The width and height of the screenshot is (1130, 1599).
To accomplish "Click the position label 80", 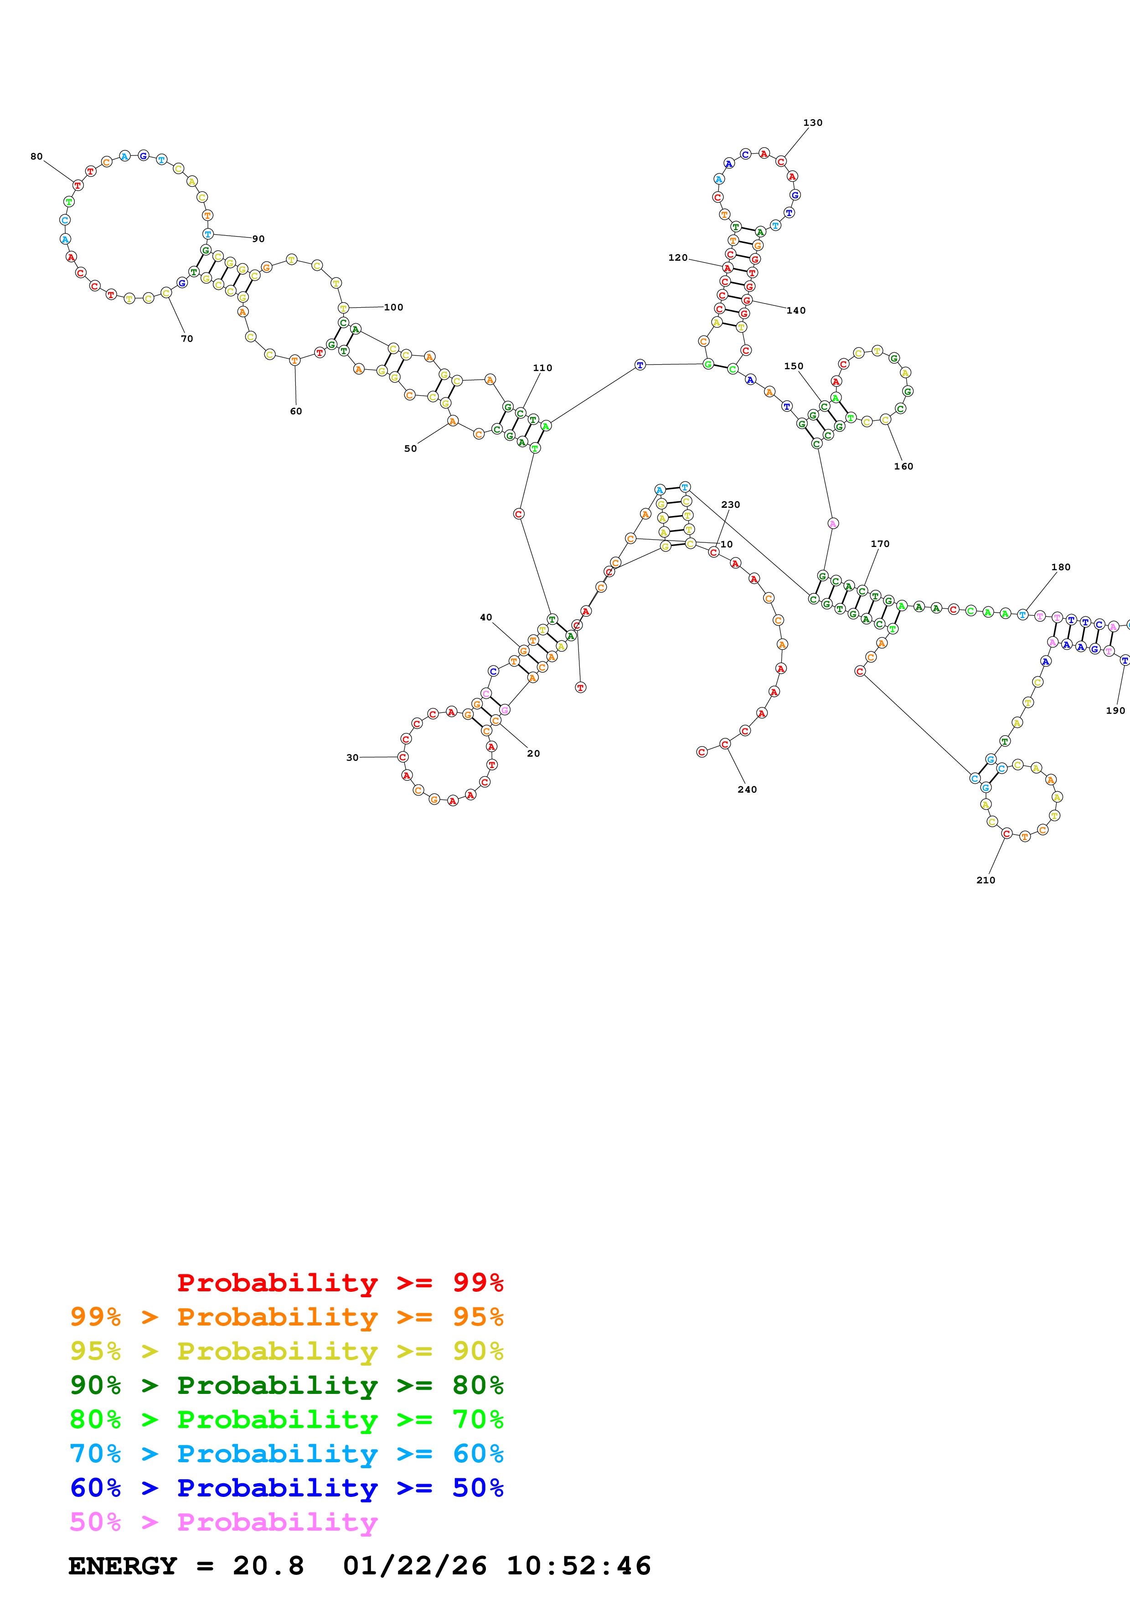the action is pos(36,157).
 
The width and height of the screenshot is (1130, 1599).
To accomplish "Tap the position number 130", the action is pos(812,123).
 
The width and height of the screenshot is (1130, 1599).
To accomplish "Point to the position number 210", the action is pos(985,880).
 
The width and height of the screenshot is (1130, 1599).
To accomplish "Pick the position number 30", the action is pos(352,757).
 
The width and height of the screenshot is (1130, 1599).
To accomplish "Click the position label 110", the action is pos(542,368).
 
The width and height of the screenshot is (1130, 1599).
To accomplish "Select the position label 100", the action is pos(393,307).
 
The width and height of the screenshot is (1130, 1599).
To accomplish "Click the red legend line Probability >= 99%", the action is pos(340,1282).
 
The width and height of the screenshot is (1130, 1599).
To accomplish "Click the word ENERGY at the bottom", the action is pos(123,1566).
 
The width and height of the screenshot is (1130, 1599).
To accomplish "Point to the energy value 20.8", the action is pos(268,1566).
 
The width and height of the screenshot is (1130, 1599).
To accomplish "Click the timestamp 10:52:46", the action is pos(578,1566).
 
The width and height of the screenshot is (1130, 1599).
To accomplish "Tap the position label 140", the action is pos(796,310).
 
